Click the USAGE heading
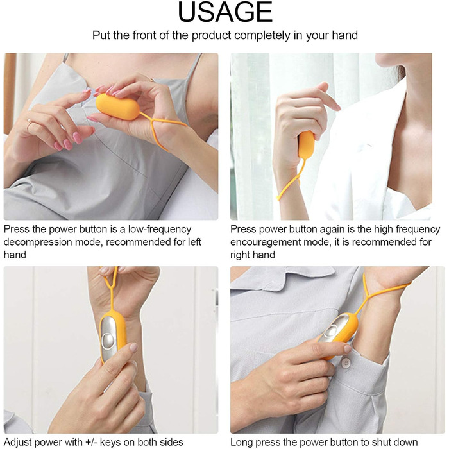click(x=225, y=12)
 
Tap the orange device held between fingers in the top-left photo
click(x=117, y=107)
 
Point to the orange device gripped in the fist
click(x=306, y=145)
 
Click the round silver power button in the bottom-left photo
click(x=108, y=340)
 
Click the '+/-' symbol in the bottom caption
click(x=89, y=442)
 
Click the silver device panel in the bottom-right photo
click(x=334, y=328)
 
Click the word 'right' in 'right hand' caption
click(x=241, y=255)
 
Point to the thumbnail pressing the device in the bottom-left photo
click(x=133, y=348)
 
